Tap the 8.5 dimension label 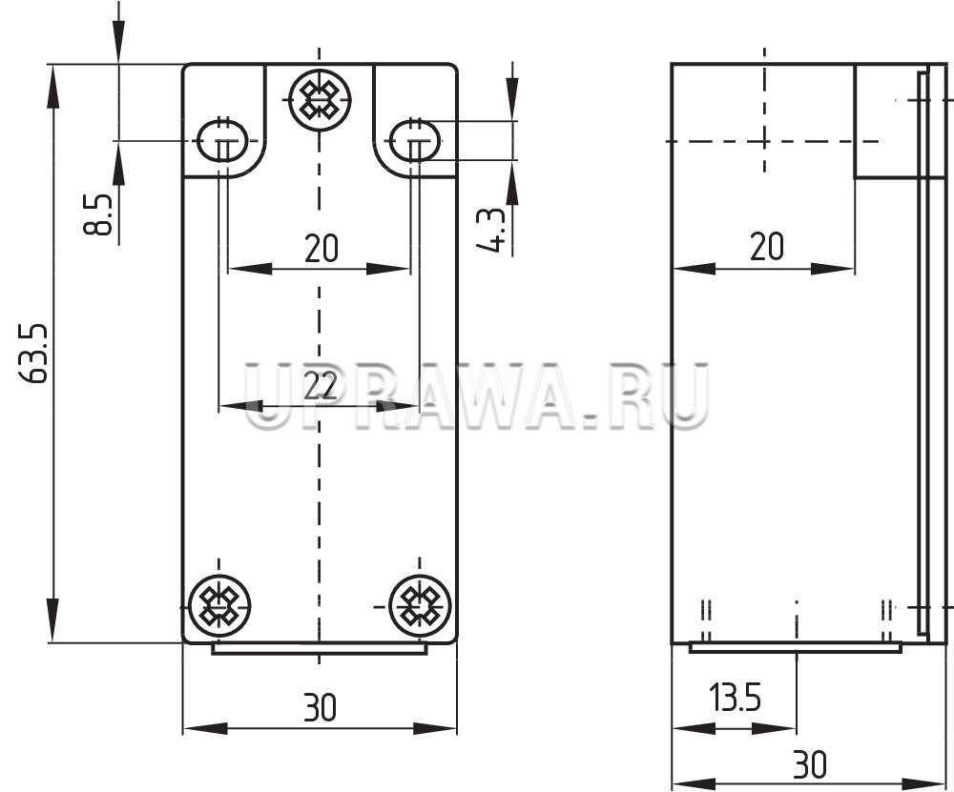(x=98, y=214)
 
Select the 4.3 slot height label (x=490, y=230)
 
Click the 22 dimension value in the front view (x=320, y=384)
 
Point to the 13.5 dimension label (x=735, y=697)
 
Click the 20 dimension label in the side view (x=767, y=247)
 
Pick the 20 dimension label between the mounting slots (x=321, y=248)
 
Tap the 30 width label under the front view (x=320, y=707)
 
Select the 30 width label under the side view (x=810, y=764)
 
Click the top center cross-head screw (x=320, y=98)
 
